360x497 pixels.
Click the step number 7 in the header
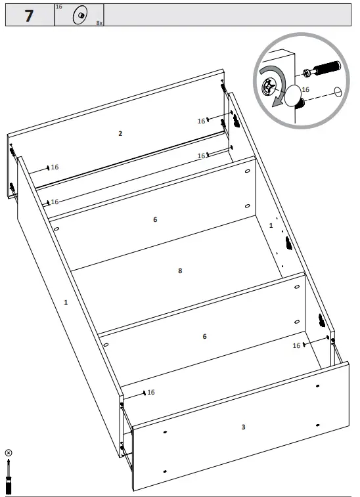point(28,16)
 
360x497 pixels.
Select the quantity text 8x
point(99,22)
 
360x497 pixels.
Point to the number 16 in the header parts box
point(59,7)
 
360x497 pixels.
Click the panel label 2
point(120,133)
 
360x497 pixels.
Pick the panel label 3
point(243,427)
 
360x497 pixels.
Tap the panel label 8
point(179,270)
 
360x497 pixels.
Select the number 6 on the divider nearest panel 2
point(155,219)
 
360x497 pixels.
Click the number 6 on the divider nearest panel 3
point(204,336)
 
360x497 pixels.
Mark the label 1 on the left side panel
point(66,302)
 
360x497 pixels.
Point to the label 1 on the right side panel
point(271,225)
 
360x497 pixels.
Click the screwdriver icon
point(9,477)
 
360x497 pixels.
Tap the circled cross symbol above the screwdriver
point(9,453)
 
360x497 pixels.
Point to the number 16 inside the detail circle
point(305,89)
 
